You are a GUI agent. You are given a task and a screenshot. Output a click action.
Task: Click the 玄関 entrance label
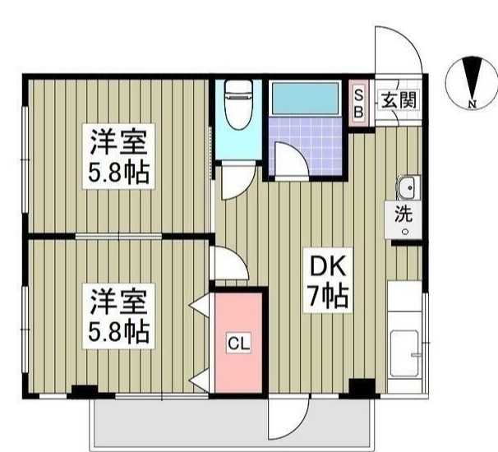(x=397, y=100)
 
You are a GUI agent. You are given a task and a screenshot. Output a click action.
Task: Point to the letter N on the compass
(x=472, y=104)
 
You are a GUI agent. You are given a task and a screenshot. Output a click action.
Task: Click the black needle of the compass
(x=472, y=80)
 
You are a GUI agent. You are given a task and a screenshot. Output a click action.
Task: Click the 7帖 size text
(x=327, y=296)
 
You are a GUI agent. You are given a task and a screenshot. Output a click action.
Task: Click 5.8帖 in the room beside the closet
(x=118, y=330)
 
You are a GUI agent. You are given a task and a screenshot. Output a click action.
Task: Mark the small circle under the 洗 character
(x=404, y=231)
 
